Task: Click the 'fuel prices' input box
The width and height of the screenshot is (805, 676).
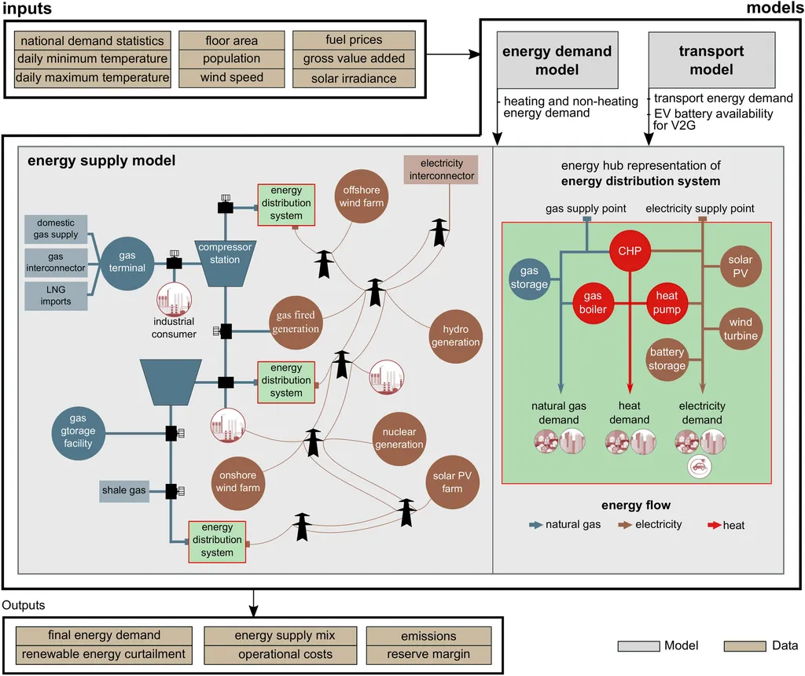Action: pyautogui.click(x=354, y=40)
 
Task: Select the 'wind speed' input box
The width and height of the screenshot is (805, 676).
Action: pyautogui.click(x=232, y=78)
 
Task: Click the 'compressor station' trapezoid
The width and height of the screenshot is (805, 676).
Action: pyautogui.click(x=225, y=260)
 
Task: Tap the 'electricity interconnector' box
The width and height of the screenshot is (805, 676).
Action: pyautogui.click(x=442, y=169)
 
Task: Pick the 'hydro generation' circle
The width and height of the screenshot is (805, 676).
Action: pyautogui.click(x=455, y=336)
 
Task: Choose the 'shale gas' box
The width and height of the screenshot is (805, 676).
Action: pyautogui.click(x=124, y=490)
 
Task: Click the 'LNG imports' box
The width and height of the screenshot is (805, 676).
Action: pyautogui.click(x=56, y=295)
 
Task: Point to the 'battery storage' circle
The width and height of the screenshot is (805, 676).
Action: pyautogui.click(x=667, y=359)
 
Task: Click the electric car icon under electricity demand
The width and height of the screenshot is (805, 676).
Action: pyautogui.click(x=700, y=467)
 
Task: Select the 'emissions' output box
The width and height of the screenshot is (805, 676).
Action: pyautogui.click(x=428, y=636)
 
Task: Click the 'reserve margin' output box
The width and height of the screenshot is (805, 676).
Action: pyautogui.click(x=428, y=654)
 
